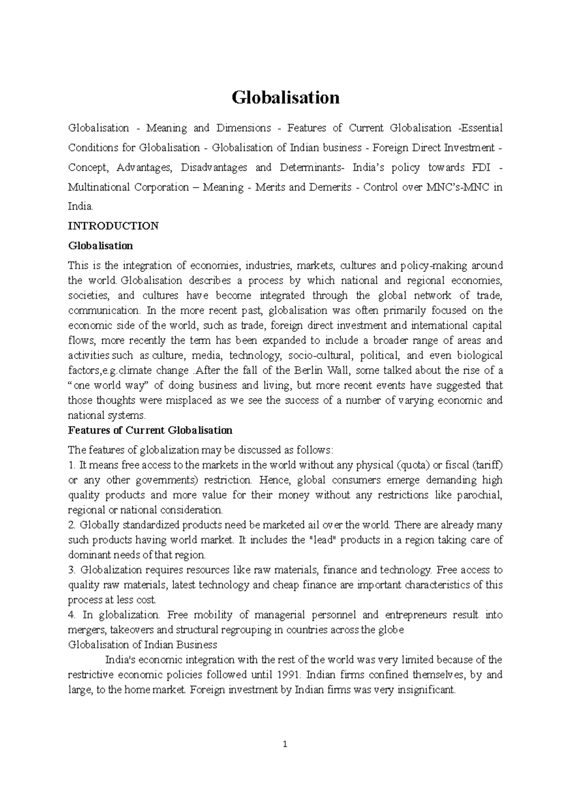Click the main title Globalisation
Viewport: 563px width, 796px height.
pos(286,98)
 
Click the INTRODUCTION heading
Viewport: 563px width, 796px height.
pos(113,226)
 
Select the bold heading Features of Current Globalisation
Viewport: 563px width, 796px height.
pos(150,430)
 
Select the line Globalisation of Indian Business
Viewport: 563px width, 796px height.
pos(143,645)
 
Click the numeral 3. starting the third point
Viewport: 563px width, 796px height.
pos(72,570)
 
